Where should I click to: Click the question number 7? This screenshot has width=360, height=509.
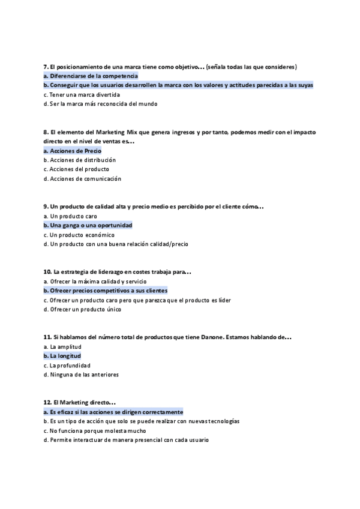pos(46,67)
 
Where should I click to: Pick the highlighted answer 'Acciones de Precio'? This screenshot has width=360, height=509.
pos(73,151)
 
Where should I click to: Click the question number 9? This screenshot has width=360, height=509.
pos(46,206)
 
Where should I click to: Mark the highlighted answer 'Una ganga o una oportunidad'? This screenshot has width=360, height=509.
pos(88,225)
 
